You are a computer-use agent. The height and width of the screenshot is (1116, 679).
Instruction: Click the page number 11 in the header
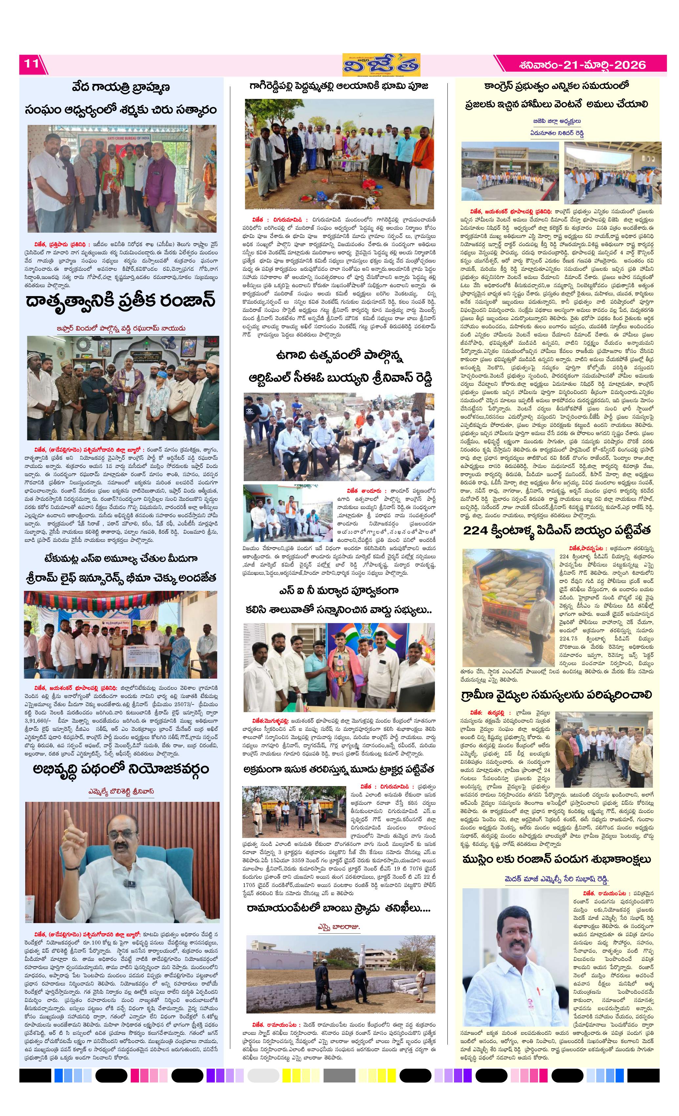coord(31,64)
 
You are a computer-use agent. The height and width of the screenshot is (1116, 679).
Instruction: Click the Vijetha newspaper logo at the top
coord(381,65)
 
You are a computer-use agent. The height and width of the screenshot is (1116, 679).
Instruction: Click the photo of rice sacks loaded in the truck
coord(508,592)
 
